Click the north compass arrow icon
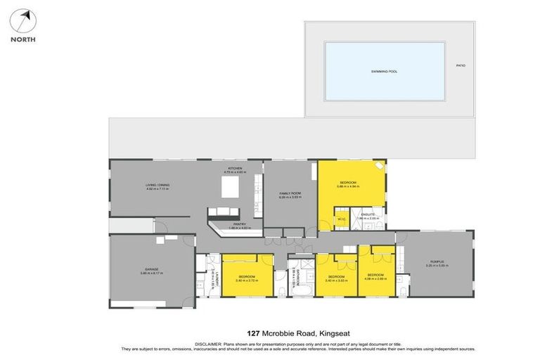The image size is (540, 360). (x=23, y=21)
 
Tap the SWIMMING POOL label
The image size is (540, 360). (x=384, y=71)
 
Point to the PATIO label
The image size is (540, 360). (x=461, y=65)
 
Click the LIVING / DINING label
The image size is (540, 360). (x=157, y=185)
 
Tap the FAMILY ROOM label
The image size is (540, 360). (x=290, y=193)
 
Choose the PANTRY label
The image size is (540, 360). (x=230, y=224)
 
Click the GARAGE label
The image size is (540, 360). (x=151, y=269)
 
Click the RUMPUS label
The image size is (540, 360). (x=437, y=262)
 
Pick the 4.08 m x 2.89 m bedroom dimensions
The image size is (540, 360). (x=375, y=278)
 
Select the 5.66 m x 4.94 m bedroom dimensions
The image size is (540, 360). (x=348, y=186)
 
